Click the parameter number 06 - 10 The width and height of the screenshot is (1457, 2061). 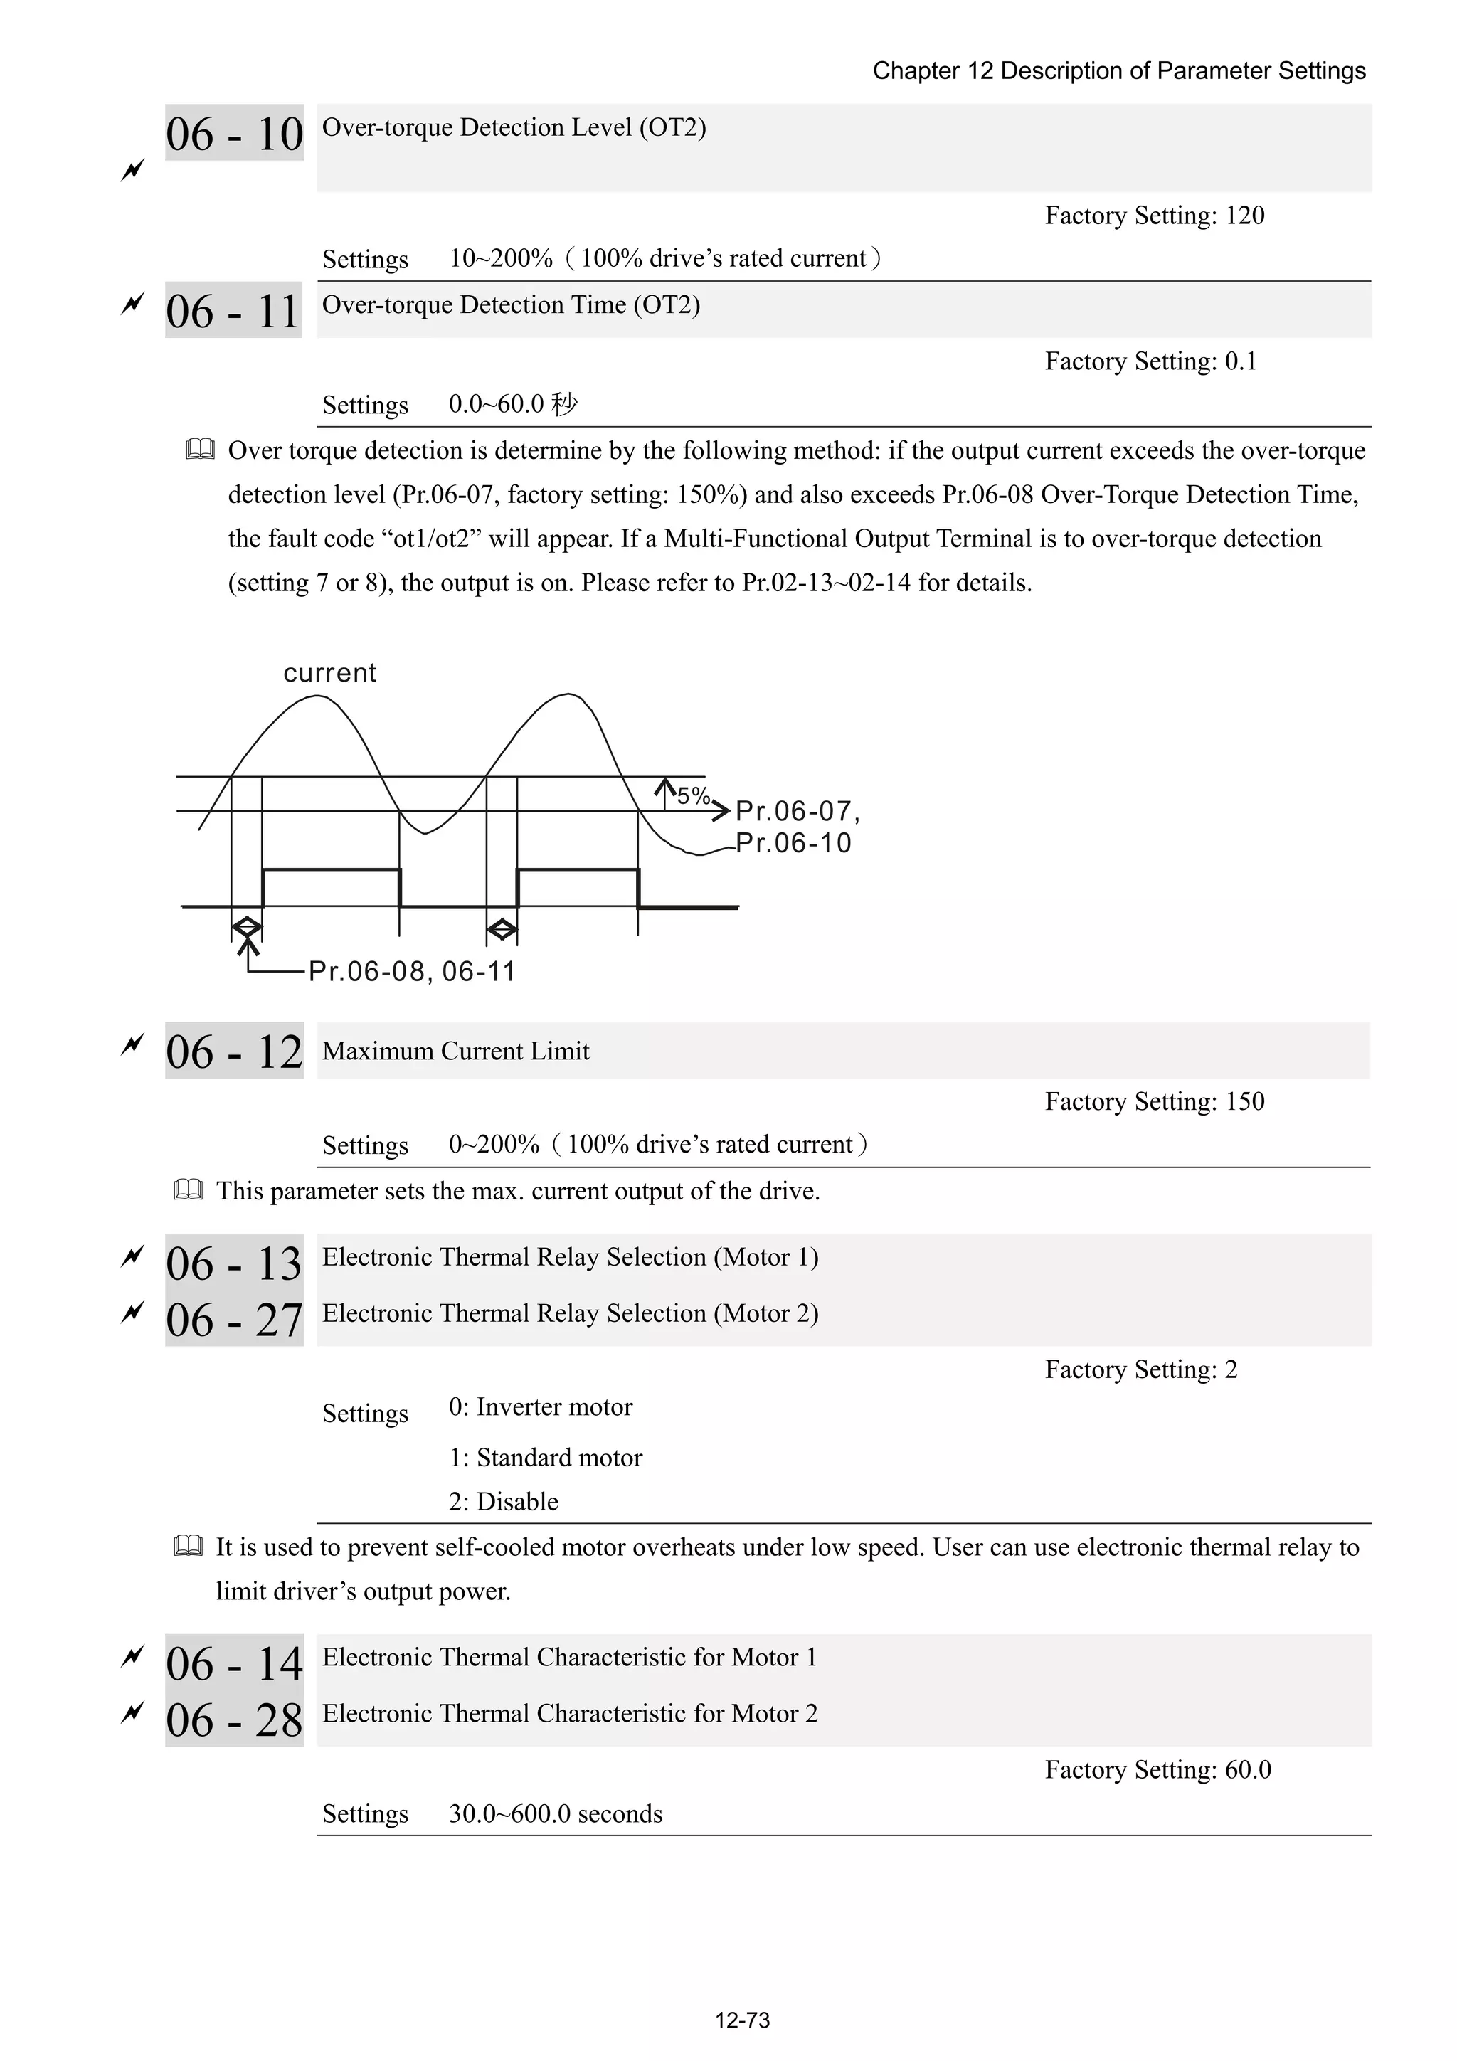pyautogui.click(x=234, y=134)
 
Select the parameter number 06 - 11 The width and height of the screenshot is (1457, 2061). pyautogui.click(x=233, y=312)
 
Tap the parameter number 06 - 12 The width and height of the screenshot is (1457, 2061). pyautogui.click(x=234, y=1051)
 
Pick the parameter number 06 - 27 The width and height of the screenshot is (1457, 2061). pyautogui.click(x=234, y=1320)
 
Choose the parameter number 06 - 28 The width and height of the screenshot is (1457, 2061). pyautogui.click(x=234, y=1720)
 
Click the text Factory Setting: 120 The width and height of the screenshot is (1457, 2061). pyautogui.click(x=1153, y=216)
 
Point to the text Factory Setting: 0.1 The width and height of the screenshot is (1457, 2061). pyautogui.click(x=1150, y=361)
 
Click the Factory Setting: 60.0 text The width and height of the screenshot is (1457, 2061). pyautogui.click(x=1157, y=1769)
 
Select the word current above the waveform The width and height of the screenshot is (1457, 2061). pyautogui.click(x=329, y=673)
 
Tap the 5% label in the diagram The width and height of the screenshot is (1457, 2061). pyautogui.click(x=693, y=795)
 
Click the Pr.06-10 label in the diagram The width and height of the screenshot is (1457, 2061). pyautogui.click(x=793, y=843)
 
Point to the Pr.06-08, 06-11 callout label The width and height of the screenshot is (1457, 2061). pyautogui.click(x=411, y=971)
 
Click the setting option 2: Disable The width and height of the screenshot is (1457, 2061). pyautogui.click(x=503, y=1502)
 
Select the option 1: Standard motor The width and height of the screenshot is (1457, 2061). pyautogui.click(x=545, y=1458)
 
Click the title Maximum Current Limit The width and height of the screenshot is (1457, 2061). pyautogui.click(x=455, y=1051)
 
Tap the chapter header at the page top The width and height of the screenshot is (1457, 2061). pyautogui.click(x=1118, y=71)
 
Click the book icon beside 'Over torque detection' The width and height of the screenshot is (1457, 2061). pyautogui.click(x=200, y=450)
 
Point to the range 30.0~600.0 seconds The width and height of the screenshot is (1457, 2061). pyautogui.click(x=555, y=1813)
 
